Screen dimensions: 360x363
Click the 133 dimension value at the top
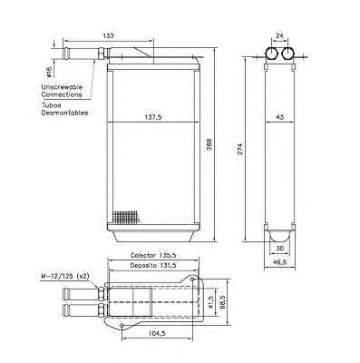coord(108,35)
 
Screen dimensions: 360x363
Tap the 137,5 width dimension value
coord(153,117)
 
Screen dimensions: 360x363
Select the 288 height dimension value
coord(209,144)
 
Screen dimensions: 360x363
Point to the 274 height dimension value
coord(240,149)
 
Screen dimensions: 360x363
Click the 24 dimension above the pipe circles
coord(280,35)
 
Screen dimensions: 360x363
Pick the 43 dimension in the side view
coord(280,117)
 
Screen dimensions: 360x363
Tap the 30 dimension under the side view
coord(280,248)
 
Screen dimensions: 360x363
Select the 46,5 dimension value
coord(280,262)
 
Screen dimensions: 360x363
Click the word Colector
coord(143,255)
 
